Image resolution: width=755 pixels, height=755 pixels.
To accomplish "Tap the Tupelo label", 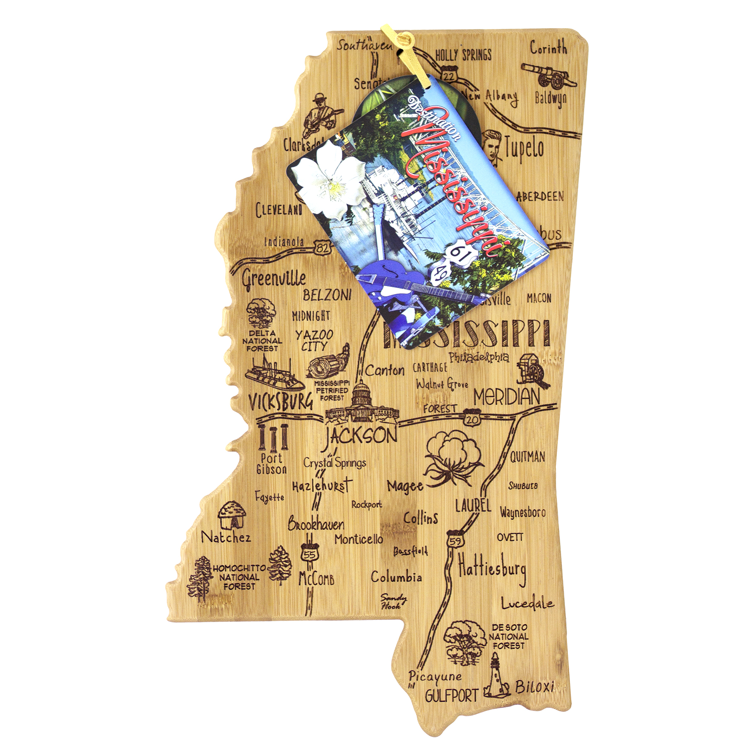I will tap(524, 149).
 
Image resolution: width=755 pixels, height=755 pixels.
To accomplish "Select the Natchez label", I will tap(226, 538).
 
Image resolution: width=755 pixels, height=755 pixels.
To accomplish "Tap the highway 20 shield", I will tap(472, 419).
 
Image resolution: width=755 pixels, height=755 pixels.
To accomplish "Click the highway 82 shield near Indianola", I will tap(322, 247).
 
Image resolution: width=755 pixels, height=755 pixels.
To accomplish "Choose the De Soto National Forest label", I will tap(508, 637).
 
